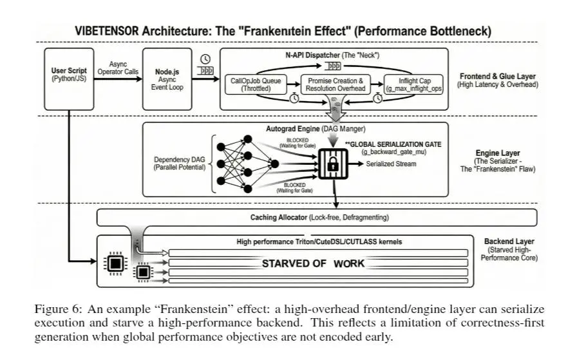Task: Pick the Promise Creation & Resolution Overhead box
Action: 334,85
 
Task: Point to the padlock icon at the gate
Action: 333,164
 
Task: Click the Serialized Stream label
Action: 392,164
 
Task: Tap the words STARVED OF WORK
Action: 313,263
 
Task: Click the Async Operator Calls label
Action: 118,67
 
